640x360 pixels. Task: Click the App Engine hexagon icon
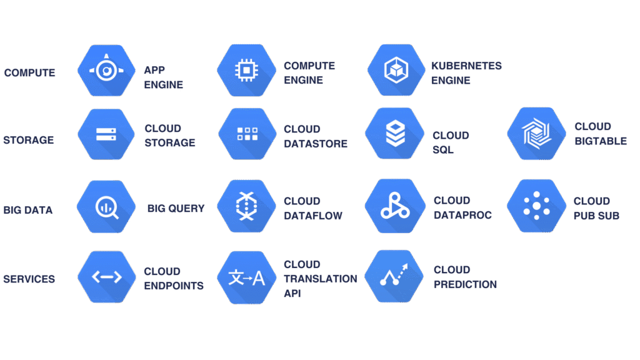pyautogui.click(x=106, y=71)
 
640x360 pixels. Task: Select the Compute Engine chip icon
pyautogui.click(x=246, y=70)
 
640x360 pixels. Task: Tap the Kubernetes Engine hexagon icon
pyautogui.click(x=396, y=70)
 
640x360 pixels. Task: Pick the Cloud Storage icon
pyautogui.click(x=106, y=134)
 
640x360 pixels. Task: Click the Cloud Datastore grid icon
pyautogui.click(x=247, y=134)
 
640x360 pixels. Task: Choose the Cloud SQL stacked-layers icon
pyautogui.click(x=394, y=133)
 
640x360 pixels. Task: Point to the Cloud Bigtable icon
pyautogui.click(x=536, y=133)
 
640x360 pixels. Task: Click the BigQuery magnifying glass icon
pyautogui.click(x=106, y=206)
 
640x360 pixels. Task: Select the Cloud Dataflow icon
pyautogui.click(x=246, y=206)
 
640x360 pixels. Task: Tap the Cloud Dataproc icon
pyautogui.click(x=394, y=206)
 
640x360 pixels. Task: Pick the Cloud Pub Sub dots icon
pyautogui.click(x=536, y=206)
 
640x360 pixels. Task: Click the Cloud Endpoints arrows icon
pyautogui.click(x=106, y=277)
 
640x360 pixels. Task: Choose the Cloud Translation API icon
pyautogui.click(x=246, y=277)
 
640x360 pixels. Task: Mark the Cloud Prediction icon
pyautogui.click(x=394, y=277)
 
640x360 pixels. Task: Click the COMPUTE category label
pyautogui.click(x=29, y=73)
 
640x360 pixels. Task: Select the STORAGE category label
pyautogui.click(x=29, y=140)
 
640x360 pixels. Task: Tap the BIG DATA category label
pyautogui.click(x=28, y=210)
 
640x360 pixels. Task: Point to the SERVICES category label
pyautogui.click(x=29, y=279)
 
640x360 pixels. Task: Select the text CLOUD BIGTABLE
pyautogui.click(x=600, y=134)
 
